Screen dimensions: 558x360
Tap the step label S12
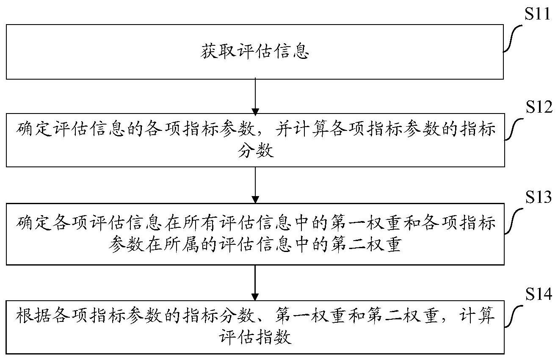coord(539,107)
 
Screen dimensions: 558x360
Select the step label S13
coord(539,197)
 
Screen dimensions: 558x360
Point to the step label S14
coord(539,294)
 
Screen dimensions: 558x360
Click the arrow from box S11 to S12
coord(255,97)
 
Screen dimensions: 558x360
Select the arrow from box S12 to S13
coord(255,185)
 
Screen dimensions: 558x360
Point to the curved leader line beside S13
coord(514,221)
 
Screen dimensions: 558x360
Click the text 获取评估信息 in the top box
coord(255,52)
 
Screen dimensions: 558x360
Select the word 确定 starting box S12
coord(34,129)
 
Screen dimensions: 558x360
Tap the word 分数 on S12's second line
coord(256,151)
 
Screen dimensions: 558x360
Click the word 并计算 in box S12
coord(302,129)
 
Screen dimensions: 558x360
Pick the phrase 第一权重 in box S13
coord(366,222)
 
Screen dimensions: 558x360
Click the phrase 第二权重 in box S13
coord(366,244)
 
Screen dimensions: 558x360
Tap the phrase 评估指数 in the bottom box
coord(256,338)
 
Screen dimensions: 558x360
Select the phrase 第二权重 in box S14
coord(403,316)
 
